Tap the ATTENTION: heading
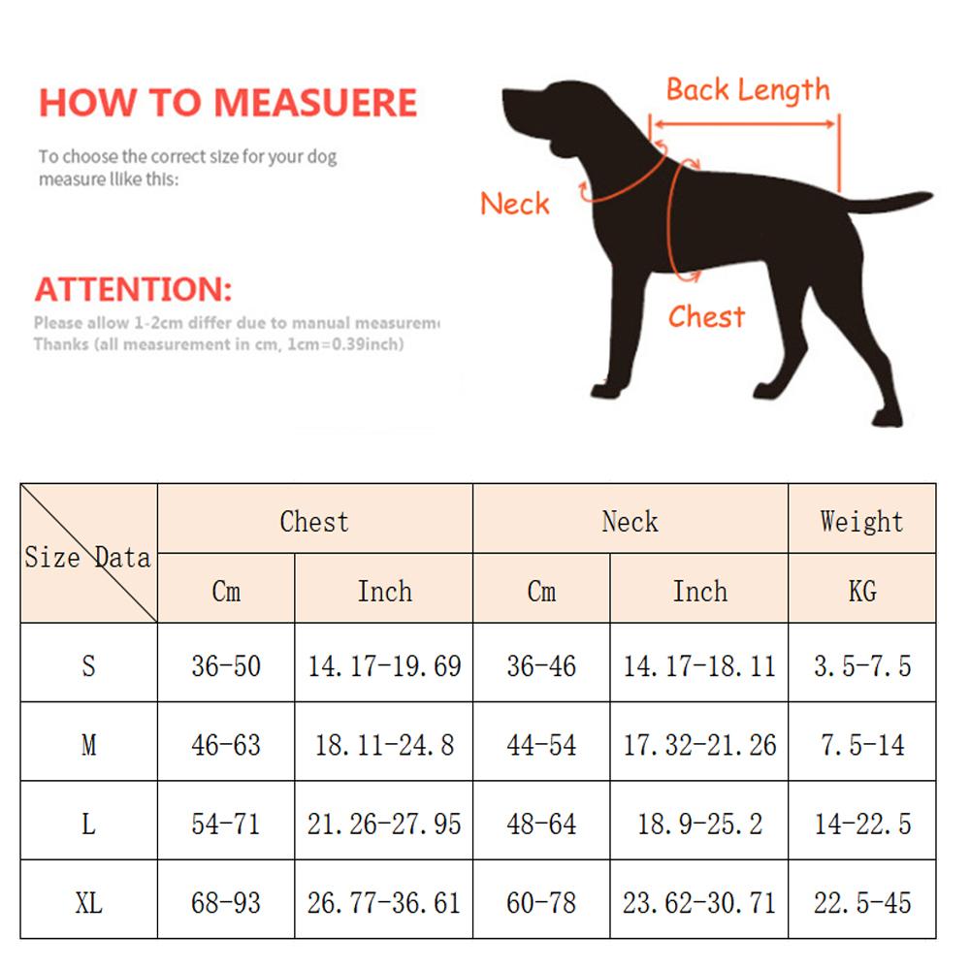(x=134, y=289)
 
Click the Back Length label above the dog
(x=747, y=91)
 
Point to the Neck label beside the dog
(x=514, y=204)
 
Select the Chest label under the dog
(x=706, y=316)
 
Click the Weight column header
(x=861, y=521)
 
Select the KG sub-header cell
(x=861, y=591)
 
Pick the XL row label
(x=88, y=903)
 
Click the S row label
(x=88, y=666)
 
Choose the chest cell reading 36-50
(x=226, y=666)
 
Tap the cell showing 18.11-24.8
(x=384, y=745)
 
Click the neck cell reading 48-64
(x=541, y=824)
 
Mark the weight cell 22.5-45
(x=861, y=903)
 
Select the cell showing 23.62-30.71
(x=698, y=903)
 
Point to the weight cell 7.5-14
(x=861, y=745)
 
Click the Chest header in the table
(x=314, y=521)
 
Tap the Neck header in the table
(x=630, y=521)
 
